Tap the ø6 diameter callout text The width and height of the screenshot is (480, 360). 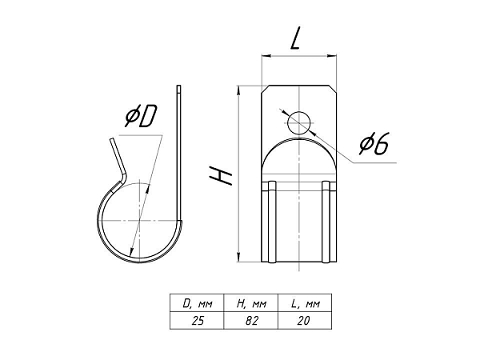coord(374,143)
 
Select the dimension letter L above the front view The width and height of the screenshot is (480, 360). coord(294,38)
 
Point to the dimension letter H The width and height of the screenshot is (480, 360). coord(221,176)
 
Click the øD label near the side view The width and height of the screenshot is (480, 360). coord(141,116)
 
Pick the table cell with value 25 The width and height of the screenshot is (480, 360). coord(198,321)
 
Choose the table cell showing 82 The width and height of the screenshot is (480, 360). coord(251,321)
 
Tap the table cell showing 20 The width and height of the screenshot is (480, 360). coord(304,321)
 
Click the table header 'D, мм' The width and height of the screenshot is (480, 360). coord(198,304)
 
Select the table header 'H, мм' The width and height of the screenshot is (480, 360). coord(251,304)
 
